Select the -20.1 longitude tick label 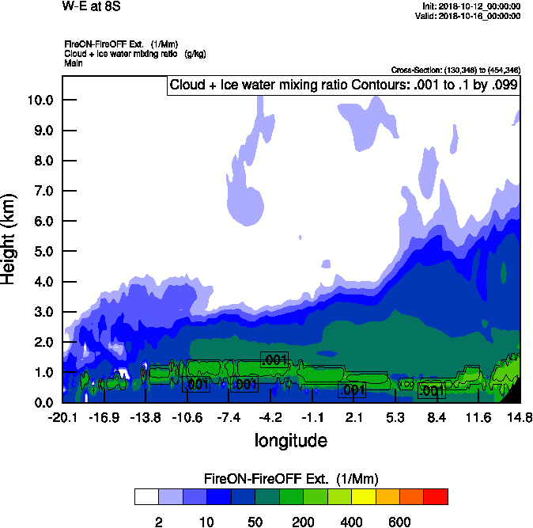click(x=62, y=417)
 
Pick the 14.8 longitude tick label click(x=520, y=417)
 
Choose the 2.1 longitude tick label click(x=354, y=417)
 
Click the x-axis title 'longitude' click(x=290, y=439)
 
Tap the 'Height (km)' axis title click(x=9, y=240)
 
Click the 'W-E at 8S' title click(x=90, y=6)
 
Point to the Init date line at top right click(x=472, y=6)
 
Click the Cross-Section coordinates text click(x=456, y=70)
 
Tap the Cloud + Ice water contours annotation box click(x=344, y=85)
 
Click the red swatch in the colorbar click(x=436, y=496)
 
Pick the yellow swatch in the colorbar click(x=364, y=496)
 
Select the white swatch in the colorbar click(x=146, y=496)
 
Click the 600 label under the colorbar click(x=399, y=522)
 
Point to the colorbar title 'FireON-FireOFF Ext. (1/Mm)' click(x=291, y=479)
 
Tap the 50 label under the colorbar click(x=255, y=522)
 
